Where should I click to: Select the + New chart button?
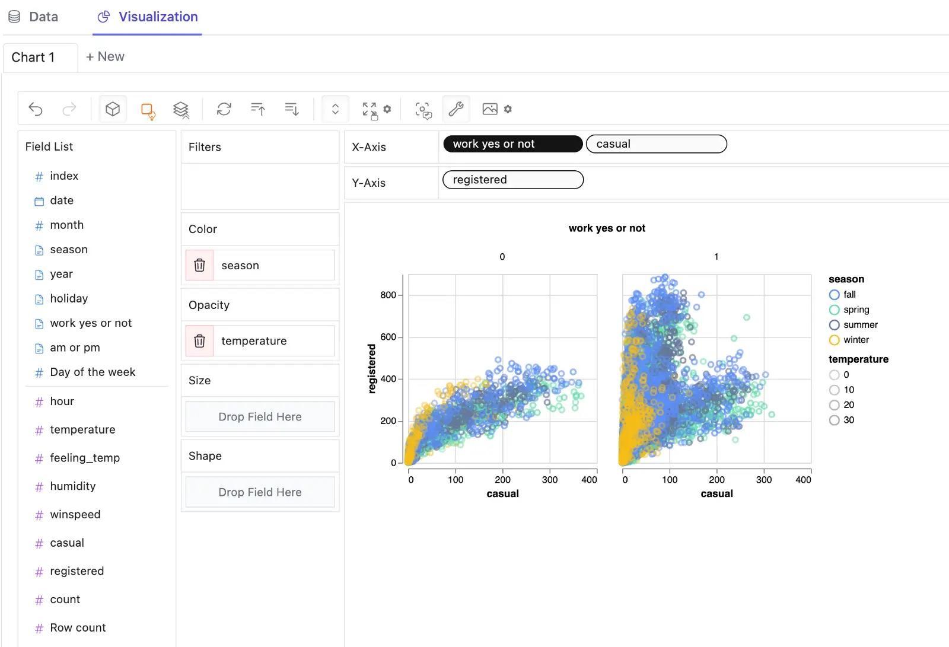coord(105,57)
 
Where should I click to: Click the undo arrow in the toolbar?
coord(36,109)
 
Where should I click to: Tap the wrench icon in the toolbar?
coord(456,109)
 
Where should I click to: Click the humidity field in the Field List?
coord(72,486)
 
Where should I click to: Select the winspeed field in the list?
coord(75,515)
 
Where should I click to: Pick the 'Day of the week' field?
coord(92,372)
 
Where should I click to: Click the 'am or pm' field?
coord(75,348)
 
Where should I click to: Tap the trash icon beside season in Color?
coord(200,265)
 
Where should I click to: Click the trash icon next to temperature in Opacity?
coord(200,341)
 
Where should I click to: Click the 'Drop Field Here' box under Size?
coord(260,417)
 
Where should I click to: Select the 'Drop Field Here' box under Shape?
coord(260,492)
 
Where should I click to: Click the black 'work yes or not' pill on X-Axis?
coord(512,144)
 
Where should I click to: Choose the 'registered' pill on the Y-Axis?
coord(513,180)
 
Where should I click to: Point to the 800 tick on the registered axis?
coord(388,295)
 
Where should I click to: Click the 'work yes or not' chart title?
coord(607,228)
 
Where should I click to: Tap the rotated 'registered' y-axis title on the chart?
coord(372,368)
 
